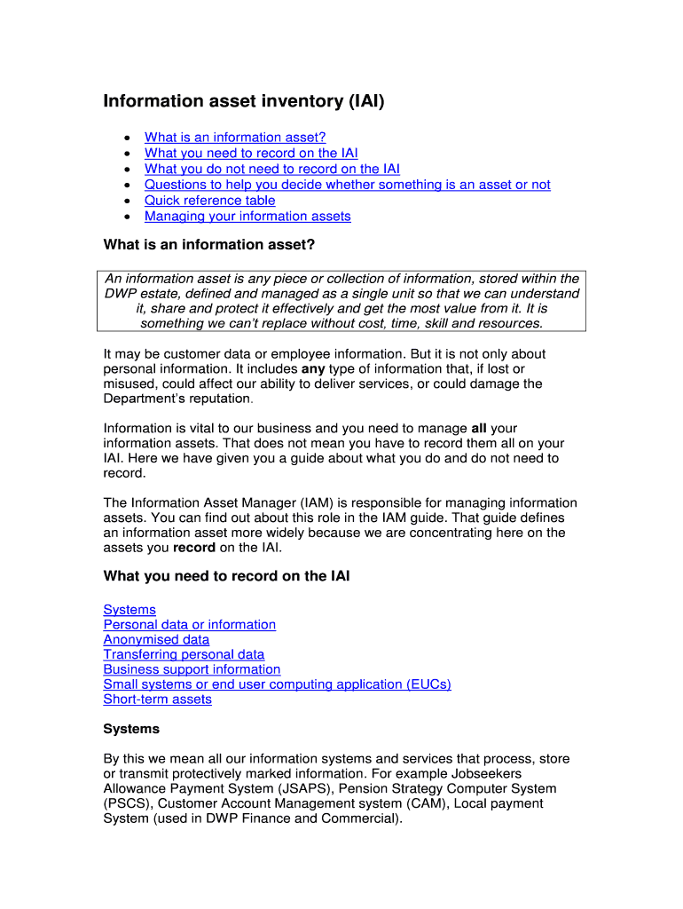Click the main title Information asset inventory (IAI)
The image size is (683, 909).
(x=244, y=101)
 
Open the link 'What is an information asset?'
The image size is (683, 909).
(x=235, y=137)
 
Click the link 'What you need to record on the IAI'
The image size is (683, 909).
(x=251, y=153)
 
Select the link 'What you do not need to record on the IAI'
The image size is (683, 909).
(x=271, y=169)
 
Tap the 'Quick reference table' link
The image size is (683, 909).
(x=209, y=201)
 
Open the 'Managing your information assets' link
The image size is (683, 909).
(x=247, y=217)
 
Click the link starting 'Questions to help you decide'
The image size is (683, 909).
(x=347, y=185)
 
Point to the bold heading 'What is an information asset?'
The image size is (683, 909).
(x=209, y=244)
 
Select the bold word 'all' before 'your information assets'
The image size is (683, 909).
(x=478, y=429)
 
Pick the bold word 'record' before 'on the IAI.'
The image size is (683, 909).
(x=193, y=548)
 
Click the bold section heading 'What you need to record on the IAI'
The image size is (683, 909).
(x=226, y=576)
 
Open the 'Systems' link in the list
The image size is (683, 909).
(x=130, y=610)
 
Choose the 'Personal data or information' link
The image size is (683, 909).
(x=189, y=625)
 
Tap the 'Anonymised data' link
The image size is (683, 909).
(x=156, y=640)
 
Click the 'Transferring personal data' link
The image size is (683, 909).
(x=184, y=655)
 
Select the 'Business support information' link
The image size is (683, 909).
(x=192, y=669)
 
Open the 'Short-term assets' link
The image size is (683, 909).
(x=157, y=700)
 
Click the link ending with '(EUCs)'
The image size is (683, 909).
(x=277, y=684)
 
